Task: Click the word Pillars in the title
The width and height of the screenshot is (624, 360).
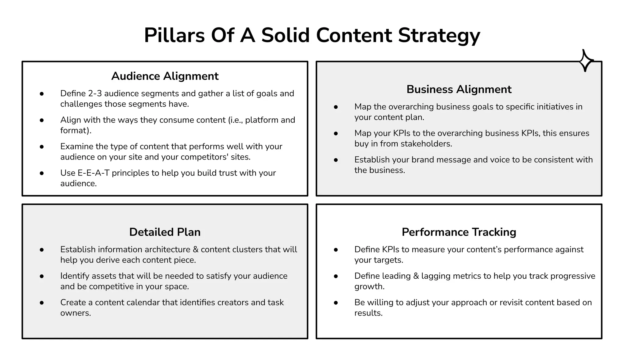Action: [x=174, y=35]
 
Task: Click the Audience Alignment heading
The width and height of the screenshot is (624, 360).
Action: [x=165, y=76]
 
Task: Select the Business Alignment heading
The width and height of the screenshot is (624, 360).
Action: [x=459, y=89]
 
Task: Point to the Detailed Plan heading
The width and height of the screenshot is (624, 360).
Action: [x=165, y=232]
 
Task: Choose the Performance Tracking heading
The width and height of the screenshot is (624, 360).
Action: [x=459, y=232]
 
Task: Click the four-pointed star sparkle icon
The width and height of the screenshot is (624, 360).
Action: [x=586, y=61]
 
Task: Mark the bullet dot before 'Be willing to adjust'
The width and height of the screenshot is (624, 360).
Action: [x=336, y=303]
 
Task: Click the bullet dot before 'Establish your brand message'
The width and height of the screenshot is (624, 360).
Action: [x=336, y=160]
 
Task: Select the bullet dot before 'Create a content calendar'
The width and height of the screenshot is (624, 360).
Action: [x=42, y=303]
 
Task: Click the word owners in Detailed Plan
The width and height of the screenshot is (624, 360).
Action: [x=75, y=313]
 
